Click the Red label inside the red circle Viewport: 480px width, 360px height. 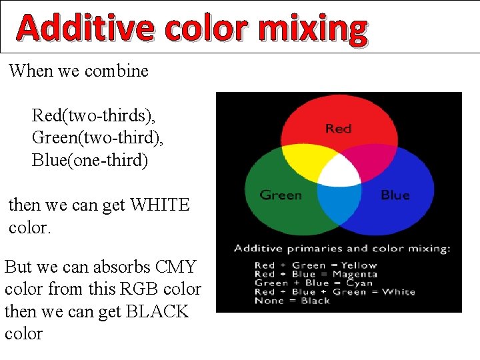[339, 128]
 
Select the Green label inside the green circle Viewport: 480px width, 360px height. [281, 195]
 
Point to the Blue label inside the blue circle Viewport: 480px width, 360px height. [395, 195]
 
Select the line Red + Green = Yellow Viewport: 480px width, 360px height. [315, 265]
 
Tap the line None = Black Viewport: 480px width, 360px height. [292, 301]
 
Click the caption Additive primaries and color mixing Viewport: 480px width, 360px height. [342, 249]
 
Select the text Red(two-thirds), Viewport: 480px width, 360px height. [93, 115]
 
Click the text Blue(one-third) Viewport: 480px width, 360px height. [90, 161]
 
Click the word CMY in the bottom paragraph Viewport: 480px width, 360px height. [175, 267]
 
